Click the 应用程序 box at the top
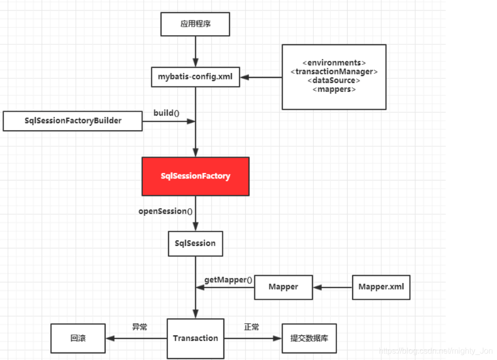195,24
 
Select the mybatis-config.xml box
195,77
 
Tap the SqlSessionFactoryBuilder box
73,121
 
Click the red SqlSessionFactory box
195,176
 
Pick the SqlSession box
195,243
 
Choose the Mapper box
283,287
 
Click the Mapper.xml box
381,287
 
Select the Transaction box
195,338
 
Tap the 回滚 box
78,338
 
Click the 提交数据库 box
309,338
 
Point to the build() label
167,113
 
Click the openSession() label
165,211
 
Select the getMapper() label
228,279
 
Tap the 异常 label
139,327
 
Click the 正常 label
252,327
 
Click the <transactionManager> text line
334,72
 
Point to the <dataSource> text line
334,80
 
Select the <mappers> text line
334,89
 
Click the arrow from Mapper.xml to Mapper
332,288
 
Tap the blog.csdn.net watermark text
436,351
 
